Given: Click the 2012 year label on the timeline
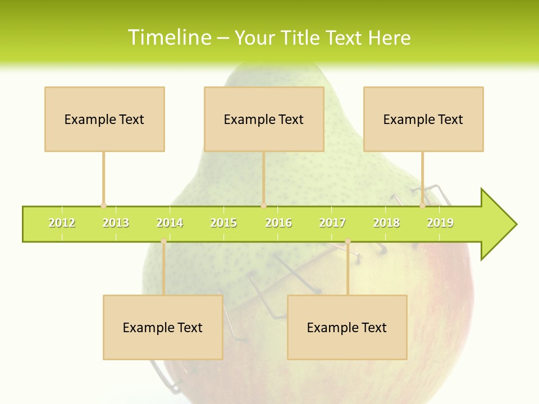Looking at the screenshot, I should [62, 223].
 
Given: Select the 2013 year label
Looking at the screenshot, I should [116, 223].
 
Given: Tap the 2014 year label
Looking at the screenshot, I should [170, 223].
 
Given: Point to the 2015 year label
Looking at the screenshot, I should [223, 223].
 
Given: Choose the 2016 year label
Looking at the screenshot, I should [278, 223].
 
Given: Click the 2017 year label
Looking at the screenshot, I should [332, 223].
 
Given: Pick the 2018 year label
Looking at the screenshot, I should [386, 223].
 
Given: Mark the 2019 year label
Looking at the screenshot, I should [440, 223].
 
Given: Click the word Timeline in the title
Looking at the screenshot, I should [168, 38].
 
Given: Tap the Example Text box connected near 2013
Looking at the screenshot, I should [104, 119].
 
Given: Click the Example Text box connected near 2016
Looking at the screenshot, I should [264, 119].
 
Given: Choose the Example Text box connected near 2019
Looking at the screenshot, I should [423, 119].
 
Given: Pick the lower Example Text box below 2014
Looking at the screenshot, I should [163, 327].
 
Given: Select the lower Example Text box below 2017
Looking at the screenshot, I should [347, 327].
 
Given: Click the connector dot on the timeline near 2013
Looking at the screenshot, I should [103, 206].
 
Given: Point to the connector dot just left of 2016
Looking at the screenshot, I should [263, 206].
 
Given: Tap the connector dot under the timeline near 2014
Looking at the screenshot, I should [163, 241].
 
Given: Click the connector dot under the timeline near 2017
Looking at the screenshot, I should [348, 241].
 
